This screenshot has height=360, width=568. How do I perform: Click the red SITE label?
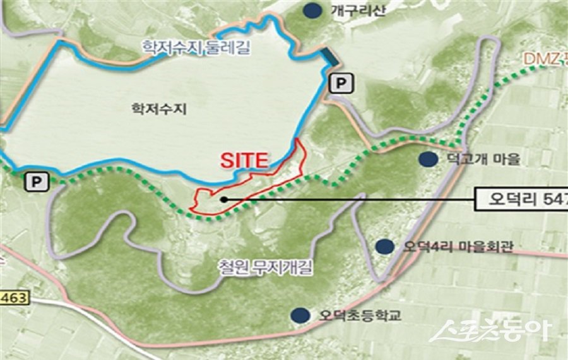pyautogui.click(x=244, y=160)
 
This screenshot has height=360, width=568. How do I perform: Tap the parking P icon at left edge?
pyautogui.click(x=36, y=182)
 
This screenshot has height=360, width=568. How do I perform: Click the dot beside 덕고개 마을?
pyautogui.click(x=429, y=159)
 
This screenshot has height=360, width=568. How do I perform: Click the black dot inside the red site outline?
pyautogui.click(x=224, y=199)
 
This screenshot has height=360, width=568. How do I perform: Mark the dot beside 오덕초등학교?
pyautogui.click(x=300, y=315)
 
